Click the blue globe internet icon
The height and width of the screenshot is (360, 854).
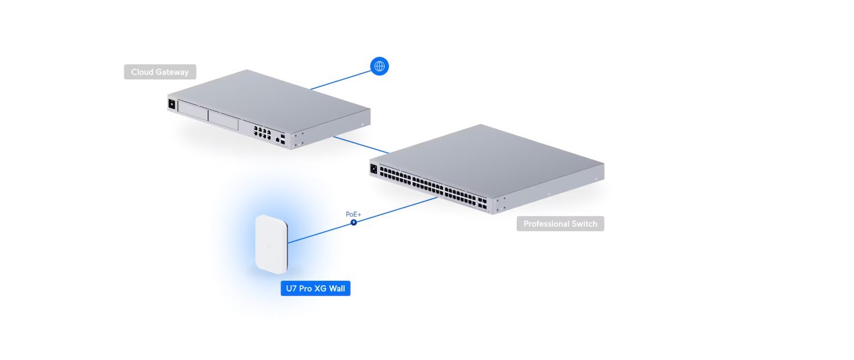click(x=380, y=66)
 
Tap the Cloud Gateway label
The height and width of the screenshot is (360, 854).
click(x=160, y=72)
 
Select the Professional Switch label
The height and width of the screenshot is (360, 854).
click(x=560, y=224)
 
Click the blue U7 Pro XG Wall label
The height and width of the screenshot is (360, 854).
click(x=315, y=289)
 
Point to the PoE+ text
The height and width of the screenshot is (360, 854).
click(x=354, y=214)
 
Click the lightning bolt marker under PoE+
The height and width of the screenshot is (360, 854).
click(x=354, y=222)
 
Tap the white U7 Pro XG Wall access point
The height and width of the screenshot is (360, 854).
click(x=271, y=244)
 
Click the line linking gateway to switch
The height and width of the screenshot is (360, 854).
click(x=361, y=145)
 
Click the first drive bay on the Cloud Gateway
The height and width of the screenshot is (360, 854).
click(x=192, y=111)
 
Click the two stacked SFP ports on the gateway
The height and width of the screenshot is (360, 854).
click(x=284, y=138)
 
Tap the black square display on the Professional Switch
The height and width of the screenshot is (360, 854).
click(x=374, y=169)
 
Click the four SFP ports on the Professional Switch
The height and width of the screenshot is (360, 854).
click(x=483, y=204)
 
